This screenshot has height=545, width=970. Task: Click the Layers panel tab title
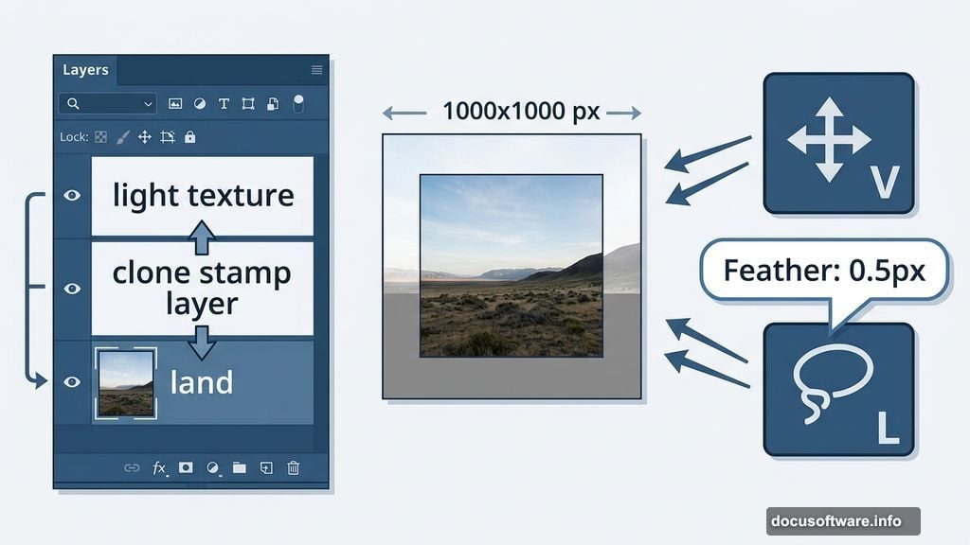pos(85,70)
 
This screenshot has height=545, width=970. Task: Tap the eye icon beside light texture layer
pos(72,196)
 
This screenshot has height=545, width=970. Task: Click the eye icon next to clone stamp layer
pos(72,289)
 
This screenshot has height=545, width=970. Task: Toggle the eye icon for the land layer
pos(72,382)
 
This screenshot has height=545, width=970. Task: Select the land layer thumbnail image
pos(125,383)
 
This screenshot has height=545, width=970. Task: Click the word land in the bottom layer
pos(201,383)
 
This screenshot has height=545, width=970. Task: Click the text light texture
pos(203,196)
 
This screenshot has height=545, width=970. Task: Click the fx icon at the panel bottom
pos(159,467)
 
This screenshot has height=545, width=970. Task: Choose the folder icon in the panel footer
pos(239,467)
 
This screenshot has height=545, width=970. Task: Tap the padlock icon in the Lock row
pos(189,137)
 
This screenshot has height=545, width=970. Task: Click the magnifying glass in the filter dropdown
pos(74,104)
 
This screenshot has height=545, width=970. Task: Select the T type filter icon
pos(224,104)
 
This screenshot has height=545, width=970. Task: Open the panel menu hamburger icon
pos(316,70)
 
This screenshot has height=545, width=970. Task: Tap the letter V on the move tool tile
pos(884,183)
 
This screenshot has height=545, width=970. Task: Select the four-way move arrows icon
pos(829,139)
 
